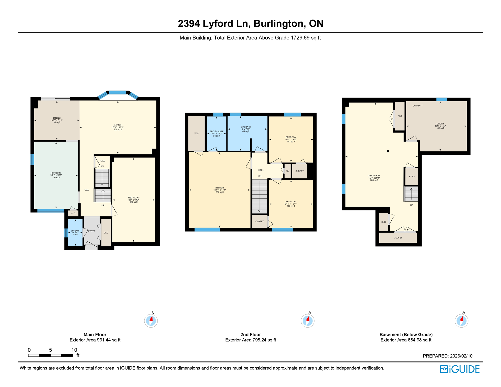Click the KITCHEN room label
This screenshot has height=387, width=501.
pyautogui.click(x=56, y=173)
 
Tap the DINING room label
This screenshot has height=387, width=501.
pyautogui.click(x=57, y=118)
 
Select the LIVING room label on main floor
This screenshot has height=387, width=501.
pyautogui.click(x=118, y=125)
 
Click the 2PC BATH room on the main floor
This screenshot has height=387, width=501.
pyautogui.click(x=75, y=232)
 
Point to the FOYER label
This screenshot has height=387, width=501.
pyautogui.click(x=92, y=231)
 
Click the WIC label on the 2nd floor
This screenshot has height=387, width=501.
pyautogui.click(x=196, y=134)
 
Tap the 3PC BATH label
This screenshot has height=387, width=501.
pyautogui.click(x=246, y=127)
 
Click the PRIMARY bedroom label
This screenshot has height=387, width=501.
pyautogui.click(x=220, y=188)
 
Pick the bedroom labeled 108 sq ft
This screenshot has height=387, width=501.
pyautogui.click(x=291, y=204)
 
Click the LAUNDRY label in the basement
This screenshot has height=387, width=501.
pyautogui.click(x=418, y=106)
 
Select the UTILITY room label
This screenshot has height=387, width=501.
pyautogui.click(x=440, y=124)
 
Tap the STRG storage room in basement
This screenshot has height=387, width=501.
pyautogui.click(x=412, y=177)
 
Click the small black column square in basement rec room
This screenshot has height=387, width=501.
pyautogui.click(x=388, y=151)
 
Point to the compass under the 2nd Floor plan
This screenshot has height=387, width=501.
pyautogui.click(x=307, y=321)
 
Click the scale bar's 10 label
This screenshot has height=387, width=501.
pyautogui.click(x=74, y=350)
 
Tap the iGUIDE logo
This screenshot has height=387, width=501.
pyautogui.click(x=460, y=369)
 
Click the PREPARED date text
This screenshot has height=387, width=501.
pyautogui.click(x=447, y=356)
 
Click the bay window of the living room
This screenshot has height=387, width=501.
pyautogui.click(x=118, y=93)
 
